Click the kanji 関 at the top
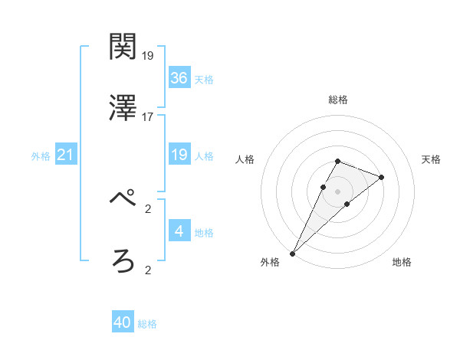pos(123,47)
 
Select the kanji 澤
pos(123,109)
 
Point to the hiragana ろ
pos(123,262)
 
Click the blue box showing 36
pos(179,77)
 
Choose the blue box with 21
pos(66,155)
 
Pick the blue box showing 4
pos(179,231)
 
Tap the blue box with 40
pos(123,322)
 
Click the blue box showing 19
pos(179,155)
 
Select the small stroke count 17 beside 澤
pos(148,116)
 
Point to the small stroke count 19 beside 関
pos(148,55)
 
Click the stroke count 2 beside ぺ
pos(148,208)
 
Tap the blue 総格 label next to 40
pos(147,324)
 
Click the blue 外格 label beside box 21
pos(41,156)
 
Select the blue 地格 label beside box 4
pos(204,233)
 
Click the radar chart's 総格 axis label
pos(338,100)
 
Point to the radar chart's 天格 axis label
pos(432,159)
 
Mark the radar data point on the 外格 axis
pos(293,253)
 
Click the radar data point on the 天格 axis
pos(381,177)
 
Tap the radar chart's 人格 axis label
pos(245,159)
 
